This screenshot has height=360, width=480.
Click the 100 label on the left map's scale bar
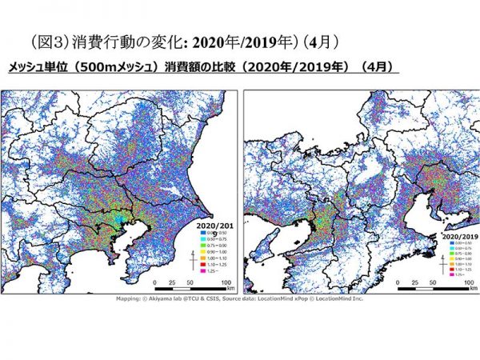(225, 283)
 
